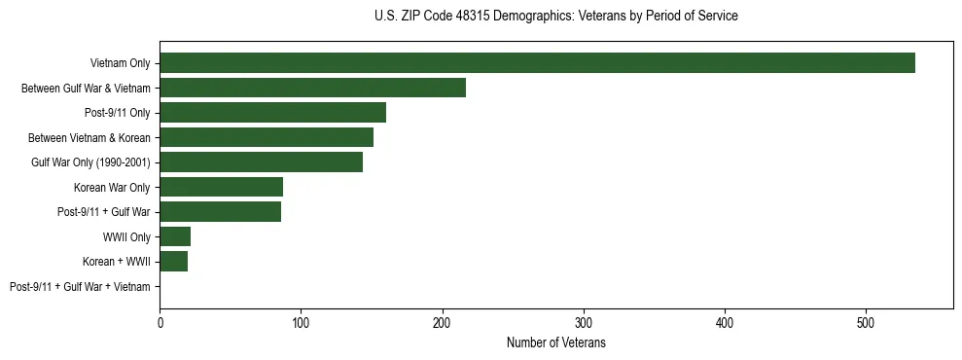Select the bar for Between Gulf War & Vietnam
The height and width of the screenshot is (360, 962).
(312, 88)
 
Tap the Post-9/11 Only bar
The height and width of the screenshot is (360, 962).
(272, 113)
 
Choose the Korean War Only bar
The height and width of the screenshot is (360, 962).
(221, 187)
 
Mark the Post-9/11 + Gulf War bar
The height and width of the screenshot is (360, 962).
(220, 212)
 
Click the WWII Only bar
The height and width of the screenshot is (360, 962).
(175, 236)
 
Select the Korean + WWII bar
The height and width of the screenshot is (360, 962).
(173, 262)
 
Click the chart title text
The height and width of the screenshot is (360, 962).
(555, 17)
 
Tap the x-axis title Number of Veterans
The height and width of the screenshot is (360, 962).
(556, 343)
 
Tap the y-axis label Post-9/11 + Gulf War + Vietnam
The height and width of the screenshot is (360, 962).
(80, 287)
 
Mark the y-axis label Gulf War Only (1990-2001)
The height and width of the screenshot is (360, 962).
(90, 162)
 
